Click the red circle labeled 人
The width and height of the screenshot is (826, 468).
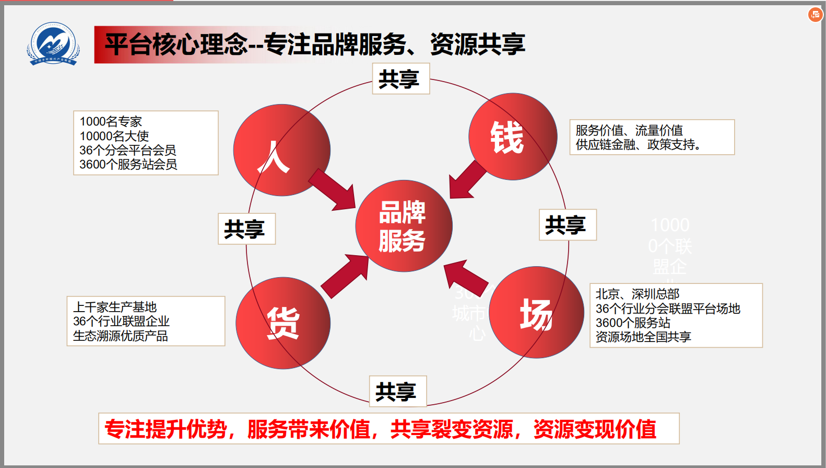coord(281,150)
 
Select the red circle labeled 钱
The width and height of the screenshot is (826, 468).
coord(512,136)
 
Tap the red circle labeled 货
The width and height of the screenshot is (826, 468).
coord(282,323)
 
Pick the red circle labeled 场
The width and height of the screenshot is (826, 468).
coord(536,313)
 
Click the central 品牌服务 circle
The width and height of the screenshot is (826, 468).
coord(404,226)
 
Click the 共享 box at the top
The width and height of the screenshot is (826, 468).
coord(400,79)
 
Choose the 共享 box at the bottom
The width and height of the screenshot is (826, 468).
coord(397,391)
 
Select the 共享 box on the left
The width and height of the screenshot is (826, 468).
coord(246,229)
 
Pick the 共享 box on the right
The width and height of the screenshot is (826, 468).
coord(567,225)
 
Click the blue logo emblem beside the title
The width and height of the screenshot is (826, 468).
coord(53,44)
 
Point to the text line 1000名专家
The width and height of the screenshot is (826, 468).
coord(111,122)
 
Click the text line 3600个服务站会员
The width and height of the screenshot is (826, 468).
coord(128,165)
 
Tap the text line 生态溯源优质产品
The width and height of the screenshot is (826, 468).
coord(121,336)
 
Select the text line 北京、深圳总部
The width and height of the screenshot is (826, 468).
coord(638,294)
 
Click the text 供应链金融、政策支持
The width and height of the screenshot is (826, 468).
coord(638,145)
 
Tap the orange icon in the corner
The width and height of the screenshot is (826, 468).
coord(815,15)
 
